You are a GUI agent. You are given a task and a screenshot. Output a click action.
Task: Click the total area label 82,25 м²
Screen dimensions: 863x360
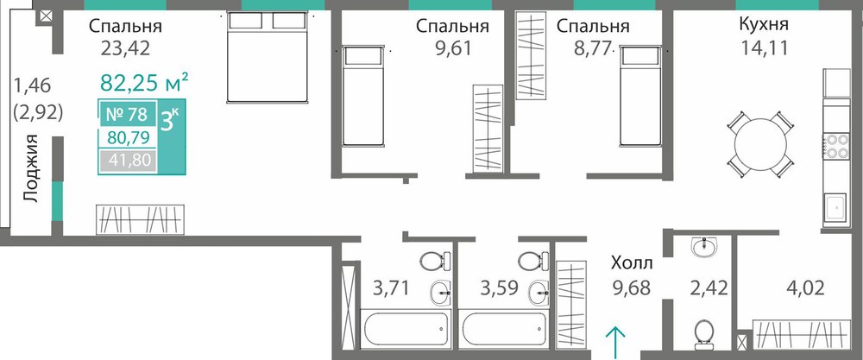pyautogui.click(x=145, y=84)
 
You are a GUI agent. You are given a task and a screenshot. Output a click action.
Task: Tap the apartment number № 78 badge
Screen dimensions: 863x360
pyautogui.click(x=126, y=115)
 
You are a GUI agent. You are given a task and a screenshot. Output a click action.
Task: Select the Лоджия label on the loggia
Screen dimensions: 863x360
pyautogui.click(x=31, y=168)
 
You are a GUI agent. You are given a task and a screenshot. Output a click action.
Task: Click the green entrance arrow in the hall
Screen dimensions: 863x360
pyautogui.click(x=615, y=342)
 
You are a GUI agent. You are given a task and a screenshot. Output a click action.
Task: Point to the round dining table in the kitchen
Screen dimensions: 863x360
pyautogui.click(x=760, y=144)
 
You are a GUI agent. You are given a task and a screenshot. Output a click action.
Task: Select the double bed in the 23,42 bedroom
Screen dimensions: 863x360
pyautogui.click(x=268, y=57)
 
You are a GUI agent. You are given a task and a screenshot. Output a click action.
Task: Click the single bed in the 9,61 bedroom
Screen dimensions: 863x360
pyautogui.click(x=362, y=96)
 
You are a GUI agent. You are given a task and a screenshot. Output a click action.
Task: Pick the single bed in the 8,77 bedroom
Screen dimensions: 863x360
pyautogui.click(x=640, y=96)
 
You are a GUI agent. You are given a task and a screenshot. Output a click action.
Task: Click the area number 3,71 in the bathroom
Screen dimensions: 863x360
pyautogui.click(x=391, y=287)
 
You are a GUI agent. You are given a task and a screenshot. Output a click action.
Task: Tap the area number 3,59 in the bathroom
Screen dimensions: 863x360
pyautogui.click(x=500, y=287)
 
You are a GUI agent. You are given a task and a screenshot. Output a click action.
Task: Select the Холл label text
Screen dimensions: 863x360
pyautogui.click(x=632, y=263)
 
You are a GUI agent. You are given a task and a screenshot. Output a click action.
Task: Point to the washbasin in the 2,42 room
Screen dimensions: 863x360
pyautogui.click(x=705, y=247)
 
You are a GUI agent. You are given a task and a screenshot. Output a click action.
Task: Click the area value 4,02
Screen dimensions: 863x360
pyautogui.click(x=805, y=287)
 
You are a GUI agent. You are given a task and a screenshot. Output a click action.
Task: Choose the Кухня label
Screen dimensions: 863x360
pyautogui.click(x=764, y=24)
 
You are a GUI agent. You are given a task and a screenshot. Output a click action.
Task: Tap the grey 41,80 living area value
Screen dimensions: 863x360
pyautogui.click(x=126, y=161)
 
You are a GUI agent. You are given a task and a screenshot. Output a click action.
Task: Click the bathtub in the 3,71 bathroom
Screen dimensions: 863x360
pyautogui.click(x=406, y=329)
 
